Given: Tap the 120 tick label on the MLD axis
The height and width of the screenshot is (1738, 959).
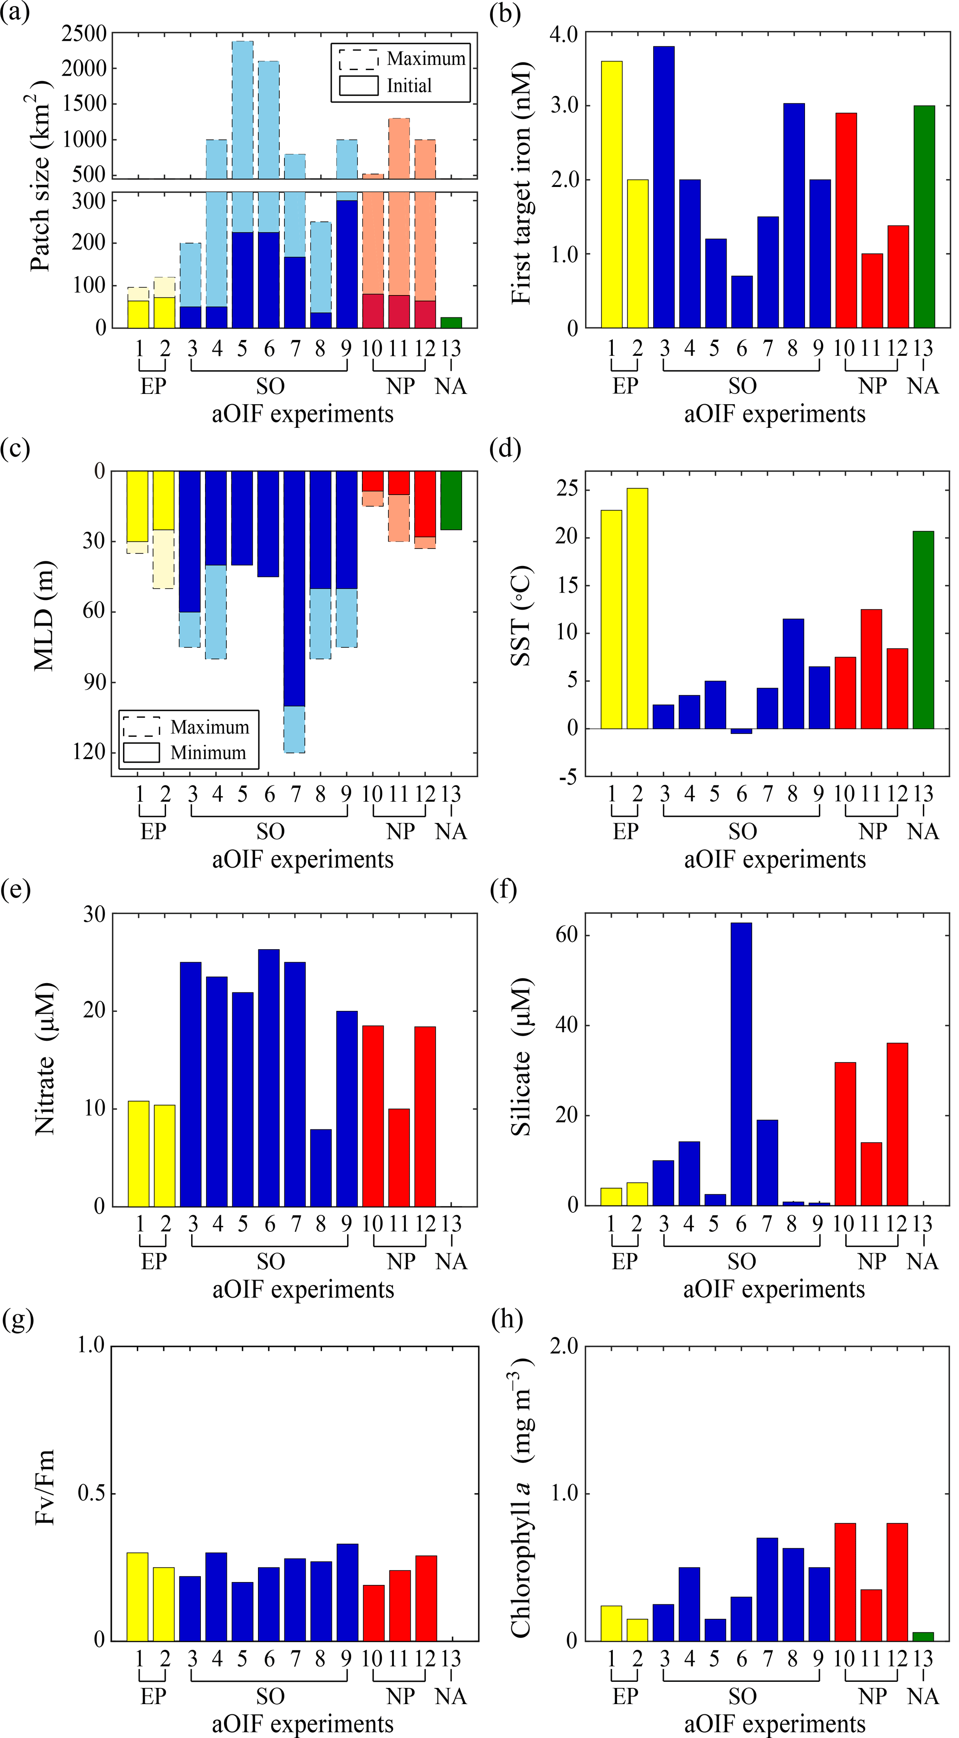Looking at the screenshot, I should coord(89,752).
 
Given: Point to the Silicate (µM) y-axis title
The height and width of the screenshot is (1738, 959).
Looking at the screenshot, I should coord(521,1057).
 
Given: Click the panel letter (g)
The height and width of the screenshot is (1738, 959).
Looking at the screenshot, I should coord(18,1318).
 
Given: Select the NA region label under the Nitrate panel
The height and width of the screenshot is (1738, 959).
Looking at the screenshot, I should coord(451,1262).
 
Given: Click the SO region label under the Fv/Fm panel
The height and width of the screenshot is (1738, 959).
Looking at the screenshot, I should coord(270,1696).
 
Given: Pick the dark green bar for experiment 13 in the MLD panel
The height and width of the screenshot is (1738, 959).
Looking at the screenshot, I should coord(451,500).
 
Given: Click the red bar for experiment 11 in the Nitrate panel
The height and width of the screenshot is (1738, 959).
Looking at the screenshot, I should coord(399,1158).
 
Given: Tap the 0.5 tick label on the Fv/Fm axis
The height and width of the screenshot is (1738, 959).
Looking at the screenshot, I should coord(91,1493).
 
